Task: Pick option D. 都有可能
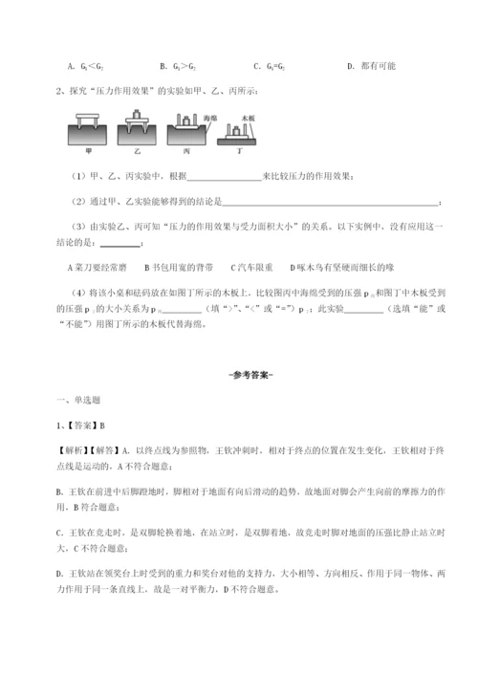coord(367,65)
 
